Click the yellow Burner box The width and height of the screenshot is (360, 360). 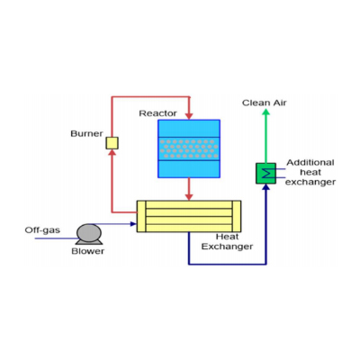tap(112, 143)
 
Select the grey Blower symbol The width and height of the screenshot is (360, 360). tap(89, 234)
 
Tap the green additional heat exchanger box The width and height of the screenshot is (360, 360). tap(265, 174)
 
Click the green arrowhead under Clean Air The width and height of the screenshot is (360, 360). tap(265, 112)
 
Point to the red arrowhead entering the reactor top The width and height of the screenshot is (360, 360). tap(189, 116)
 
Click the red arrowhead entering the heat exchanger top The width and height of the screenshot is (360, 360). tap(189, 197)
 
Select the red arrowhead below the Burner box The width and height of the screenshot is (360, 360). tap(112, 153)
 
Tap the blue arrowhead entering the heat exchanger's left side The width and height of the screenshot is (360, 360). tap(133, 224)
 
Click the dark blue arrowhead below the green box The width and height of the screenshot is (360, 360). tap(265, 187)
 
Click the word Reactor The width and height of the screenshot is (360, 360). tap(157, 113)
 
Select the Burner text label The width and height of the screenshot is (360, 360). tap(86, 133)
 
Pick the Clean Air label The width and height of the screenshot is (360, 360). tap(265, 103)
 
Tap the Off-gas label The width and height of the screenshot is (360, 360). tap(42, 230)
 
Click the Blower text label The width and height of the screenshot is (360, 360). tap(88, 251)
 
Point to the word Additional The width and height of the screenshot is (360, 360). tap(310, 163)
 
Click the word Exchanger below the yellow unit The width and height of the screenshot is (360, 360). tap(227, 247)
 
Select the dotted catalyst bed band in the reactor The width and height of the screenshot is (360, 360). tap(189, 148)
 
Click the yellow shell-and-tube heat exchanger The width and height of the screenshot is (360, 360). tap(189, 216)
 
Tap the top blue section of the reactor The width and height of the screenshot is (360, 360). tap(189, 129)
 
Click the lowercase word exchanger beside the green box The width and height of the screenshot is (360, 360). tap(310, 182)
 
